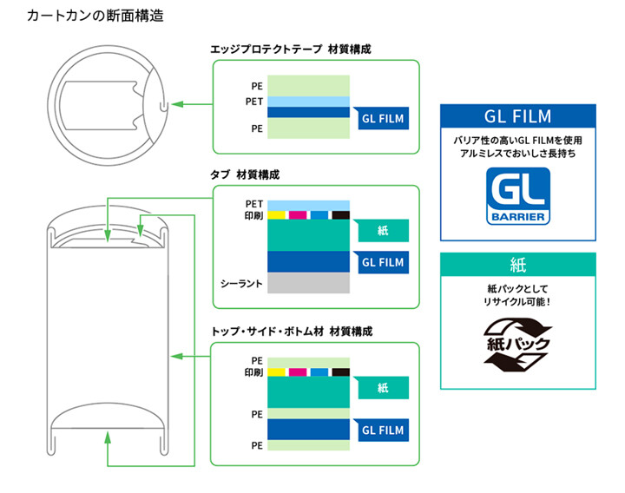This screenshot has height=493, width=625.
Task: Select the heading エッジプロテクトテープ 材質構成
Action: (x=290, y=50)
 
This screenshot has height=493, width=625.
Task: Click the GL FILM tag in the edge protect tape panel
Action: (x=382, y=119)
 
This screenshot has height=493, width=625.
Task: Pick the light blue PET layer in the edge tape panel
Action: (x=308, y=102)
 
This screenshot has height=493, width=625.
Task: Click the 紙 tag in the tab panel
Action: (x=383, y=231)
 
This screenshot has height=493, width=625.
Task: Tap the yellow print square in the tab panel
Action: (x=277, y=214)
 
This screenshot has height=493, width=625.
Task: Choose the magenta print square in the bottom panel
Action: (x=298, y=372)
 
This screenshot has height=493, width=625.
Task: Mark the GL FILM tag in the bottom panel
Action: (x=382, y=429)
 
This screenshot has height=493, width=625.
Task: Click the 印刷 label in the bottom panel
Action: (x=253, y=372)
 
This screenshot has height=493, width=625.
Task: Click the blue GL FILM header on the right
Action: (x=517, y=116)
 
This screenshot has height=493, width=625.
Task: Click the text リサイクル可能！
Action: (x=518, y=300)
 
